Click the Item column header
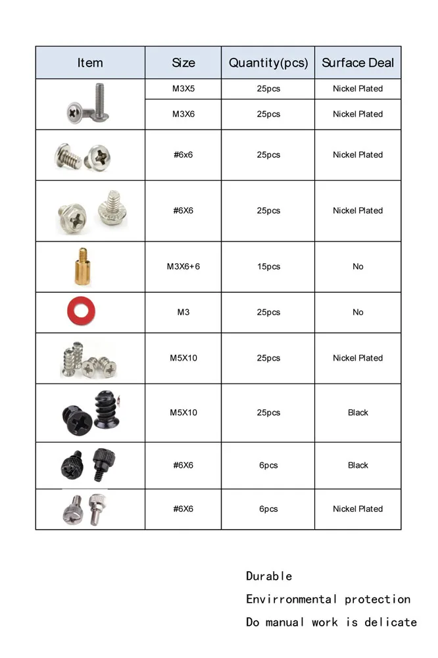pos(90,63)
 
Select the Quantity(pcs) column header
pos(268,63)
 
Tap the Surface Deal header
pos(358,63)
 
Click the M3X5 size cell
pos(183,89)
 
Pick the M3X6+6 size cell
pos(183,266)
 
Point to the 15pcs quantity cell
pos(268,266)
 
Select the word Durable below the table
pos(269,576)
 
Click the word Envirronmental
pos(291,599)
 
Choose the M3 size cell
pos(183,313)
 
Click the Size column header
pos(183,63)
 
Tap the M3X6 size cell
pos(183,114)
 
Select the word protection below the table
pos(377,599)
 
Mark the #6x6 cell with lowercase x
pos(183,155)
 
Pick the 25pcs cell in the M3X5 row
pos(268,89)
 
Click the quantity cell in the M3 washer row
pos(268,313)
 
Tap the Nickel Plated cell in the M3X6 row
pos(358,114)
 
